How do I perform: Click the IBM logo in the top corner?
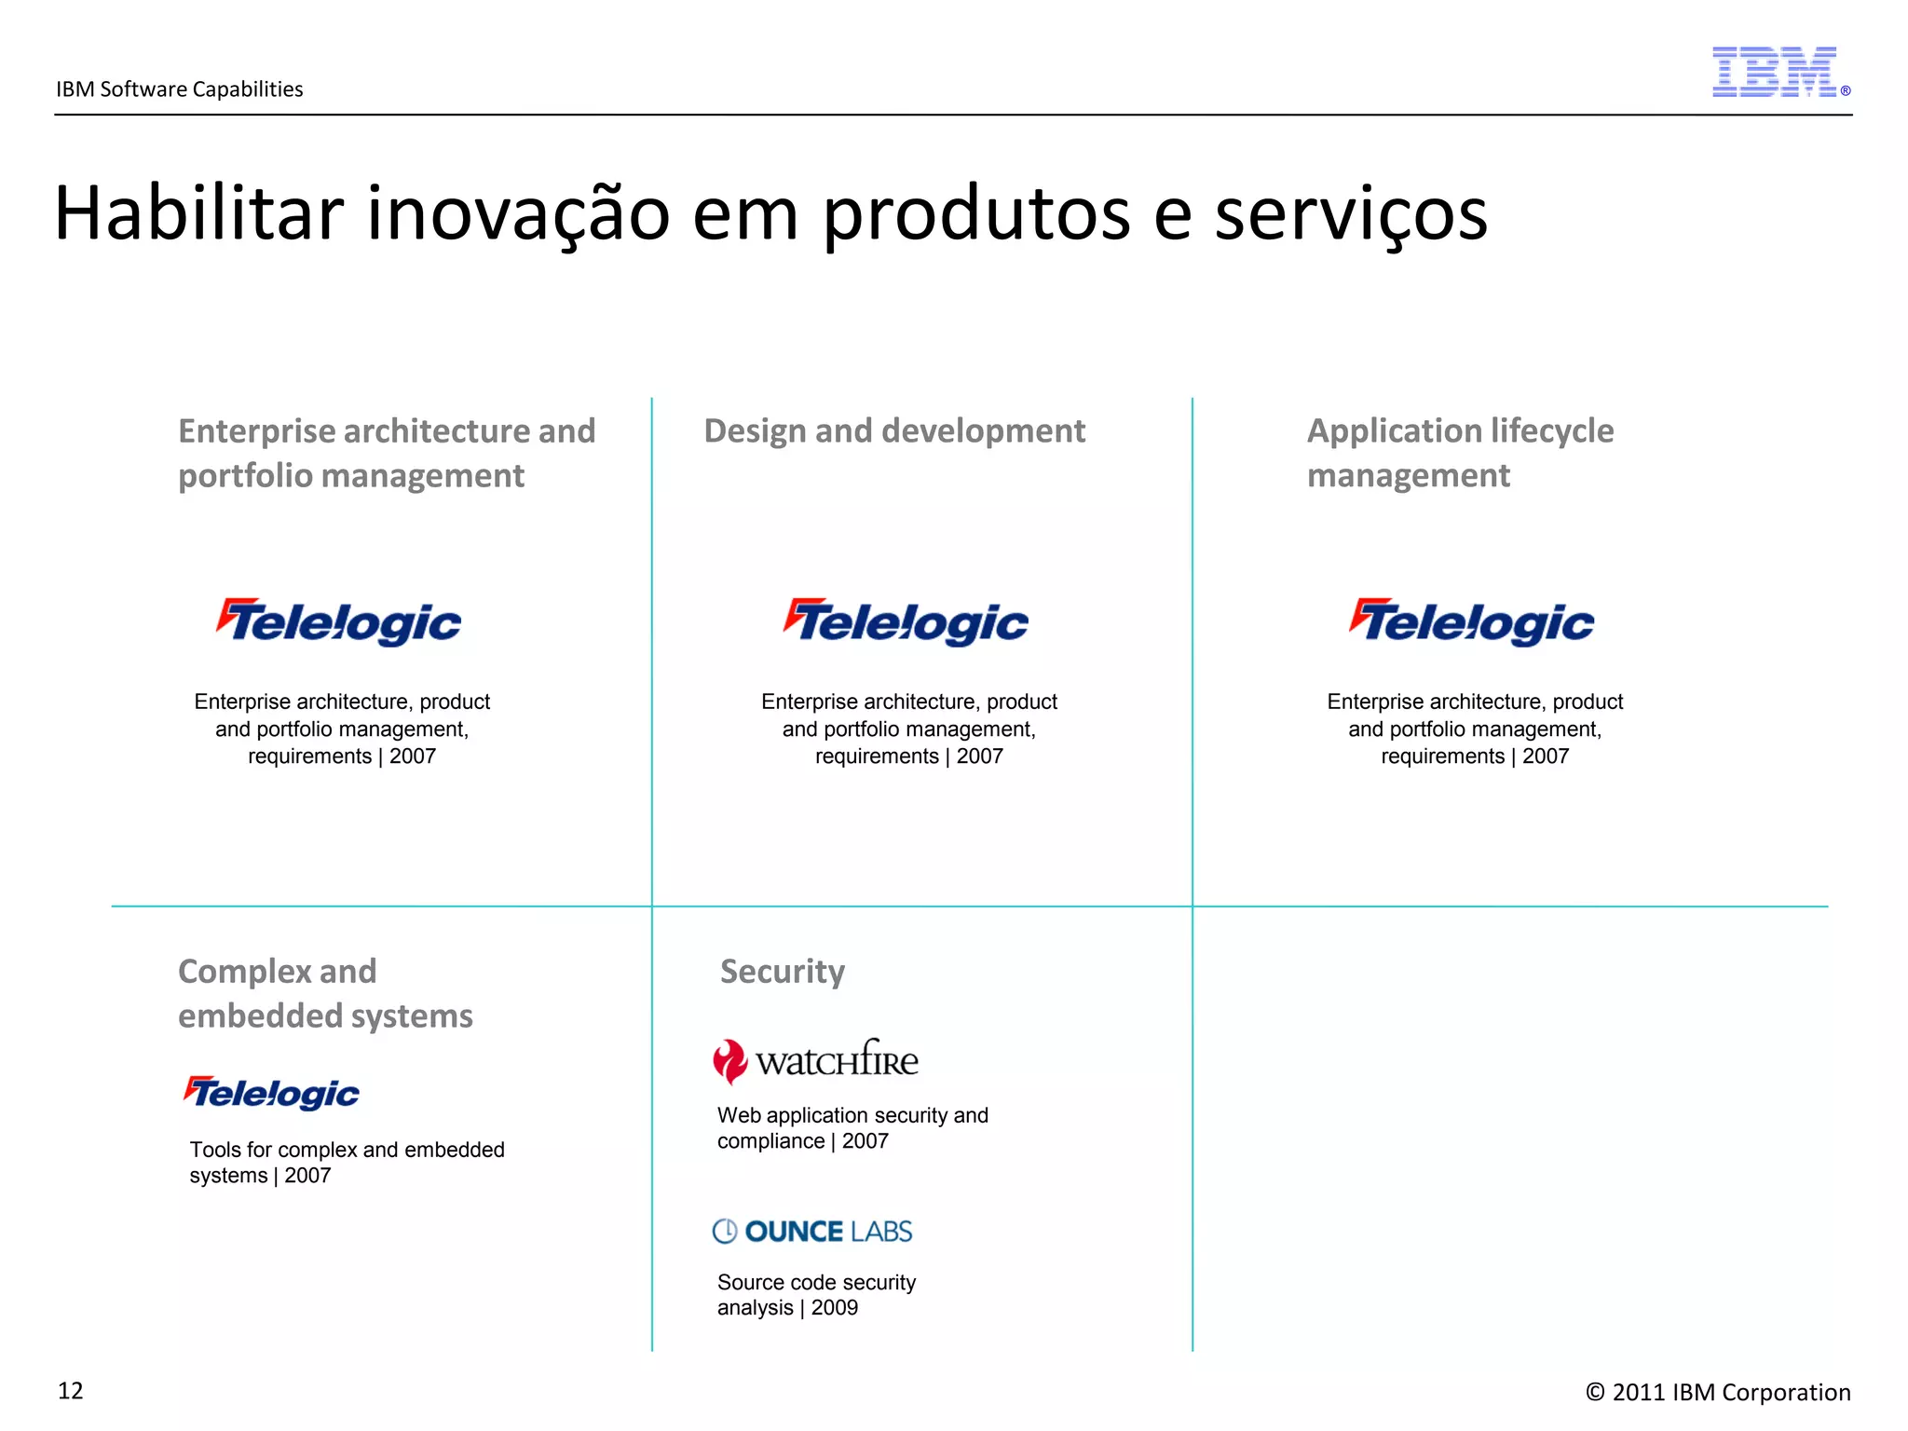coord(1776,72)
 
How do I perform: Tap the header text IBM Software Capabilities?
coord(180,89)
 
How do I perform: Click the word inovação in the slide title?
coord(518,213)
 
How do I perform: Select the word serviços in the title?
coord(1351,215)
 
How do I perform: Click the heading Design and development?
coord(894,431)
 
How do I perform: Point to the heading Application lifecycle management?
coord(1460,453)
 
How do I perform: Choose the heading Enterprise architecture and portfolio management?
coord(387,453)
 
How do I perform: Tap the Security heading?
coord(783,972)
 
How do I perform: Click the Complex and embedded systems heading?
coord(325,993)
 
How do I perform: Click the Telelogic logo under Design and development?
coord(906,621)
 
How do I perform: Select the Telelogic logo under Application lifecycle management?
coord(1472,621)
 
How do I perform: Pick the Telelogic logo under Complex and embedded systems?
coord(271,1093)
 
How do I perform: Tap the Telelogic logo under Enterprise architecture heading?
coord(339,621)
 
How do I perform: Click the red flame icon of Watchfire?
coord(729,1061)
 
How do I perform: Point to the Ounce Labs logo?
coord(812,1232)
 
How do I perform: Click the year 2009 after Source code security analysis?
coord(835,1308)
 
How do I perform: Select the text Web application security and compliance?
coord(852,1128)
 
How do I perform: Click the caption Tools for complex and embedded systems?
coord(347,1162)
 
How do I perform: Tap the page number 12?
coord(71,1391)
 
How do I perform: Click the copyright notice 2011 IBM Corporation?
coord(1718,1392)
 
